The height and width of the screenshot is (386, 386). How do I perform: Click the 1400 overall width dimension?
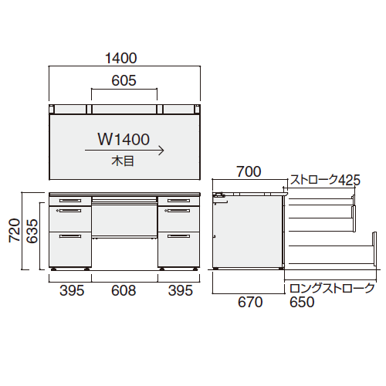point(121,58)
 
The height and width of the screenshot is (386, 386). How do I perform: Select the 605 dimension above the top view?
point(124,80)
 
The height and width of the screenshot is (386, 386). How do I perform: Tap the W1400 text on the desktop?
point(124,140)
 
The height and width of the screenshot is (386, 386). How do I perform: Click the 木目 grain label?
point(123,161)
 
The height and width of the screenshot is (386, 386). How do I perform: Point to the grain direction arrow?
point(124,151)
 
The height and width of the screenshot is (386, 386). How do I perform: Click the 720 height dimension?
point(15,230)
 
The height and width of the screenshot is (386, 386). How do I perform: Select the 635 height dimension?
point(32,231)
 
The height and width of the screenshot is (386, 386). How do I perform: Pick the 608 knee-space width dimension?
point(124,290)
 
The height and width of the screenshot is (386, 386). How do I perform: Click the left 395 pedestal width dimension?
point(72,290)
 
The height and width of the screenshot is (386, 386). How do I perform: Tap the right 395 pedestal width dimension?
point(181,290)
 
